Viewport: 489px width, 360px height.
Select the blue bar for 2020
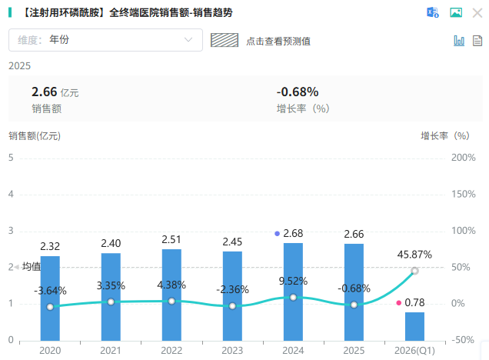tap(50, 298)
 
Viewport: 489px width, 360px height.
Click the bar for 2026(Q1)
tap(414, 326)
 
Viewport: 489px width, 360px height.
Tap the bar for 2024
tap(293, 292)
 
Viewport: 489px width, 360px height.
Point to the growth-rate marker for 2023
tap(232, 306)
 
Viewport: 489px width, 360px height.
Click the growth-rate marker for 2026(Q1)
tap(414, 271)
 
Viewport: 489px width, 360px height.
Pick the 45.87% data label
tap(414, 255)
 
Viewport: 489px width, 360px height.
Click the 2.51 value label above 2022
tap(171, 239)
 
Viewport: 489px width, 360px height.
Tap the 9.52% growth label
tap(293, 281)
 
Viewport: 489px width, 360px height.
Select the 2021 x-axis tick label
tap(111, 351)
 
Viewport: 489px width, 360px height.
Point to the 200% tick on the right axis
tap(464, 158)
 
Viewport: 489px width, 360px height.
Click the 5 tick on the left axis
tap(11, 158)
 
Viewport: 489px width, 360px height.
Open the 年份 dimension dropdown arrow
tap(188, 40)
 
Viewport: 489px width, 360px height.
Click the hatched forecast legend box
tap(225, 40)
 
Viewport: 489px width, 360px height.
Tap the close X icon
tap(477, 13)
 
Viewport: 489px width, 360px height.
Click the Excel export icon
tap(433, 12)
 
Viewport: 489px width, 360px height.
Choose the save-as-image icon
tap(456, 12)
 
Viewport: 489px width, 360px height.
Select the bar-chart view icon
tap(459, 41)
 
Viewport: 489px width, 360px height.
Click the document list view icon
tap(477, 41)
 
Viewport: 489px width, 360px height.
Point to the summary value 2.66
tap(45, 92)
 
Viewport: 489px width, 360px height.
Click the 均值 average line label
tap(32, 266)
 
